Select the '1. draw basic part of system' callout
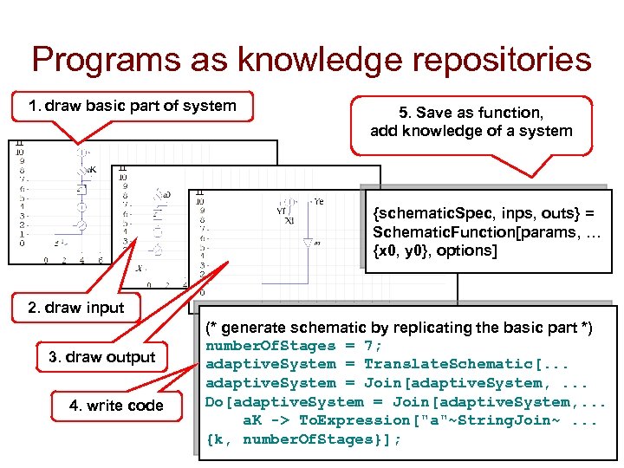click(132, 107)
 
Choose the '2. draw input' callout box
click(75, 308)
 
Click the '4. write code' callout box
click(116, 406)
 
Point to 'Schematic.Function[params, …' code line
click(477, 232)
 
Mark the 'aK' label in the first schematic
click(90, 170)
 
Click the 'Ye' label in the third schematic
click(318, 201)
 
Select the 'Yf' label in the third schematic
click(281, 209)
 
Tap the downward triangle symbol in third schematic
click(307, 244)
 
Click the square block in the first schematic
click(81, 189)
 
